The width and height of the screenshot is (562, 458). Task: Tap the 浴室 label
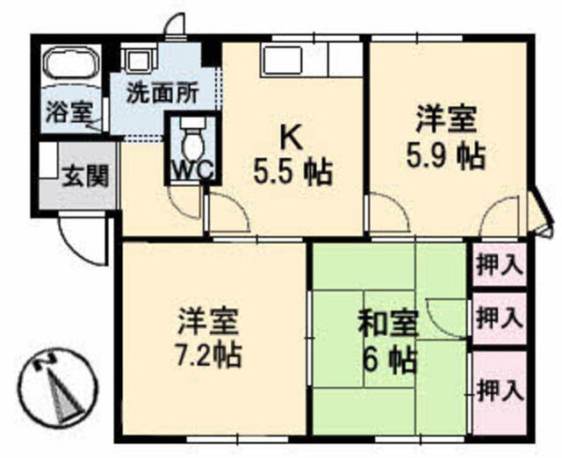70,111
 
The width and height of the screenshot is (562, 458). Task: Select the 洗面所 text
162,94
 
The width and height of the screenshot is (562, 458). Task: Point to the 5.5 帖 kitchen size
292,173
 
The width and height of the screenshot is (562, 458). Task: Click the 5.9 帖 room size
446,156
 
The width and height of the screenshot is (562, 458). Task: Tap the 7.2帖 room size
209,354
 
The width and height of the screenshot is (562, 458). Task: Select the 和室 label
390,323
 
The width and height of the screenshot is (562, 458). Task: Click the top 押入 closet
500,264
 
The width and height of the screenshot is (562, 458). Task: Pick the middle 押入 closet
500,318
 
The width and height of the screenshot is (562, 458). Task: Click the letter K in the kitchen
292,140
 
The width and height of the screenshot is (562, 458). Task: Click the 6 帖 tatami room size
390,360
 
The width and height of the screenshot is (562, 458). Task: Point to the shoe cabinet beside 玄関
48,160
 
